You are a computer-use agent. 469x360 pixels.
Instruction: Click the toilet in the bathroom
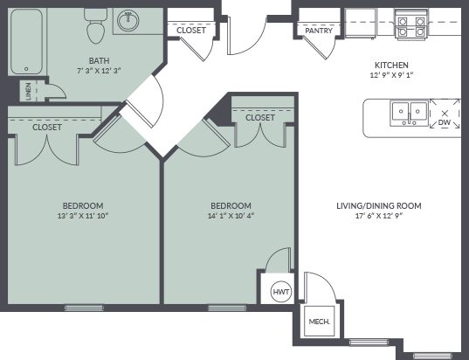tap(95, 25)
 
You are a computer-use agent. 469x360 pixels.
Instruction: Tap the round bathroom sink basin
tap(128, 21)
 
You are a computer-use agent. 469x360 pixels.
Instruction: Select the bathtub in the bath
tap(26, 42)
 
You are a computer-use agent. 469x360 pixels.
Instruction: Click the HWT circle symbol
tap(281, 292)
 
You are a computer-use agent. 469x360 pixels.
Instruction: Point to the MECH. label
tap(319, 322)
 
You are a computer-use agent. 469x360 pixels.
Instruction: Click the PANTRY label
tap(319, 31)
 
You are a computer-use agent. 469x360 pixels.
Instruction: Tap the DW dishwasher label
tap(445, 122)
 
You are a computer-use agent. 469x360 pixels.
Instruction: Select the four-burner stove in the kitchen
tap(412, 24)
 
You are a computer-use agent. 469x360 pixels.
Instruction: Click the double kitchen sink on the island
tap(409, 114)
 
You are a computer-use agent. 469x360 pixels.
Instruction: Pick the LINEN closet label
tap(29, 91)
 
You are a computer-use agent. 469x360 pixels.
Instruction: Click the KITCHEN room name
tap(391, 65)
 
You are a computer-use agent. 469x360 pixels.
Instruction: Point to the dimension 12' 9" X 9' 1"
tap(391, 75)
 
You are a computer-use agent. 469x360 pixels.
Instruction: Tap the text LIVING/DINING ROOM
tap(379, 206)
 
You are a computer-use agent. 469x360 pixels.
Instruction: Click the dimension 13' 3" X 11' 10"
tap(83, 216)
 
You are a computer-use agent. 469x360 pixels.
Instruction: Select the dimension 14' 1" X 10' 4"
tap(231, 216)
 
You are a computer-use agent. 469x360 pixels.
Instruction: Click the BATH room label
tap(99, 61)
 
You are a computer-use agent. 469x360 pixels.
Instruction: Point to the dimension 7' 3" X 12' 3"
tap(99, 71)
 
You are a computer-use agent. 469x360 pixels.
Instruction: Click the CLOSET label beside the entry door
tap(191, 31)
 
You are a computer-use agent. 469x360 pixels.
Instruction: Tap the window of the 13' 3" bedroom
tap(85, 308)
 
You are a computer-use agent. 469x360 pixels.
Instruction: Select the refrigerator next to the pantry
tap(361, 23)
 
